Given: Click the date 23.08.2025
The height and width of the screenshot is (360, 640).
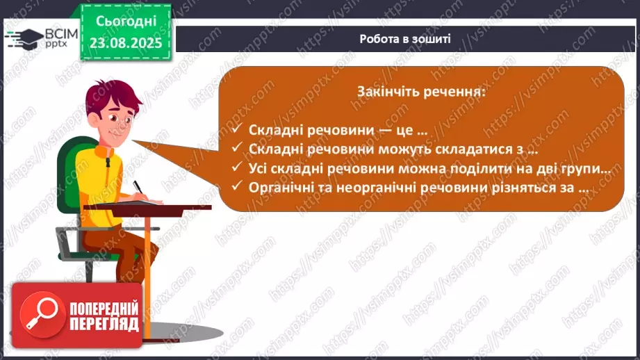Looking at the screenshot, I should [x=125, y=42].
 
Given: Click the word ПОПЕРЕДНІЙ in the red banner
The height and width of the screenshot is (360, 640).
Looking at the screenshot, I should [x=103, y=309].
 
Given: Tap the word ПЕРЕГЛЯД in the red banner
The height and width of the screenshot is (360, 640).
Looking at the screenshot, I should [x=103, y=325].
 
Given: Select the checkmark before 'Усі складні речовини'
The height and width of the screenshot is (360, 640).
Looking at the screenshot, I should [x=237, y=168].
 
